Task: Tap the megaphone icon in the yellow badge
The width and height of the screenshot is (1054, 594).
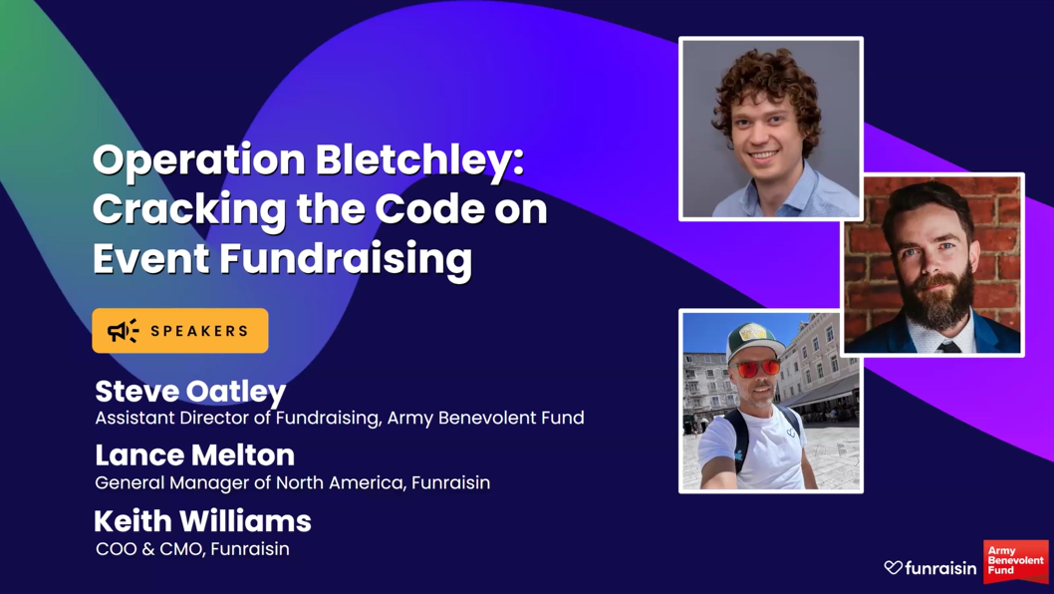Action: click(x=123, y=331)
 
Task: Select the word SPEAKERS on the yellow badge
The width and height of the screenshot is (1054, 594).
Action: click(x=200, y=331)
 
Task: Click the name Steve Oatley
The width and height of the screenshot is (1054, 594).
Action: click(x=190, y=391)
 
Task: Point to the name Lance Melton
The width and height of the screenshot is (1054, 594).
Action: click(x=194, y=455)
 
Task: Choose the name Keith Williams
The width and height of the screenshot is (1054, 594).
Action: click(x=202, y=520)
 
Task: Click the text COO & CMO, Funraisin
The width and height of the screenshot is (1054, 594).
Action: click(x=192, y=549)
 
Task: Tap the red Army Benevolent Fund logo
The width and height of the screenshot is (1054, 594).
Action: click(x=1015, y=561)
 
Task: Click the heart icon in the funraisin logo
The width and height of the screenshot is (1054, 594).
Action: click(x=894, y=567)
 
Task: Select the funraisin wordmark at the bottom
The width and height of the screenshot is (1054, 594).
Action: click(x=941, y=568)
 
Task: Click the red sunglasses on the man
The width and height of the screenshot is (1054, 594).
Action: click(x=757, y=369)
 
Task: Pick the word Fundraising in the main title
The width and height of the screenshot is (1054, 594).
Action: click(x=346, y=259)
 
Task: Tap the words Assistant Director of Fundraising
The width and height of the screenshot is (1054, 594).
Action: click(x=236, y=419)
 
